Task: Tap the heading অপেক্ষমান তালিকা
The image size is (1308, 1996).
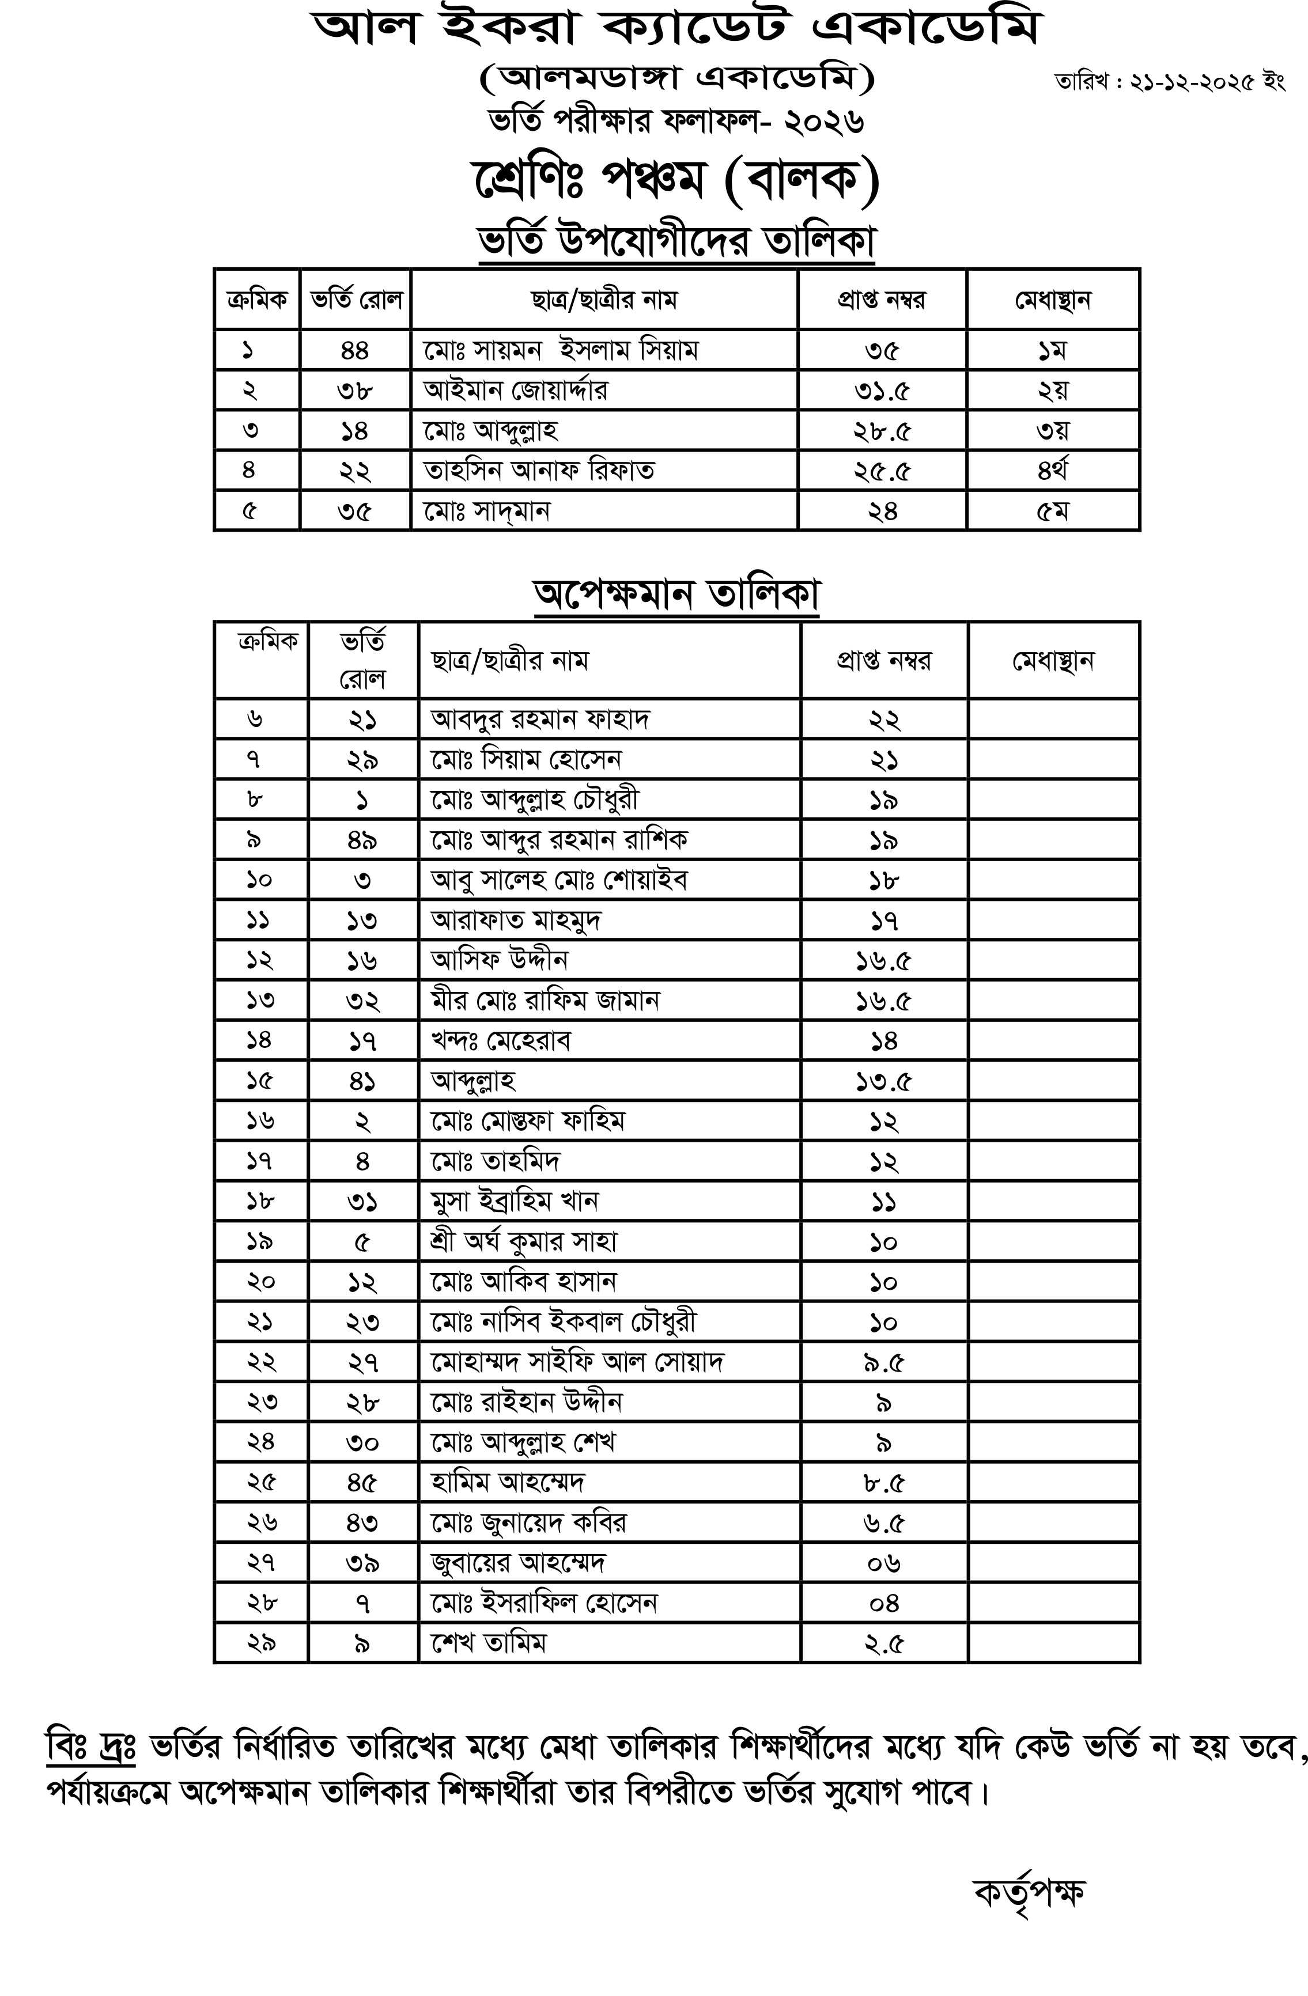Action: (676, 594)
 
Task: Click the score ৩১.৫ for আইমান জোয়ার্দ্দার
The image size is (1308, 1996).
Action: (883, 390)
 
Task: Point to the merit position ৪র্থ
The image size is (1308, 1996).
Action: (1052, 471)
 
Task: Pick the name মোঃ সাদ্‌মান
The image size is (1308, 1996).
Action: (487, 511)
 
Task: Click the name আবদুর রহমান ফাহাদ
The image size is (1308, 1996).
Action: (540, 719)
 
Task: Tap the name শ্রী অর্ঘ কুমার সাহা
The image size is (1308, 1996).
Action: (524, 1241)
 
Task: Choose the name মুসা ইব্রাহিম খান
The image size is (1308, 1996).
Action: (515, 1201)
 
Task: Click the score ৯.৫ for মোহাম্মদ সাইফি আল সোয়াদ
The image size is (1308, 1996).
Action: (883, 1362)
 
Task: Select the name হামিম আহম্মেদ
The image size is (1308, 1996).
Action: (508, 1482)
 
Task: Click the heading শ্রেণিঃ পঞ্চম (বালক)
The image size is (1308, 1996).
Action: (675, 180)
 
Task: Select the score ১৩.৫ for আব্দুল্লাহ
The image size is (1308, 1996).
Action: (883, 1081)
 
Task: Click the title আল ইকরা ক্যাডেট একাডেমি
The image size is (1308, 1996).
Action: (676, 29)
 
